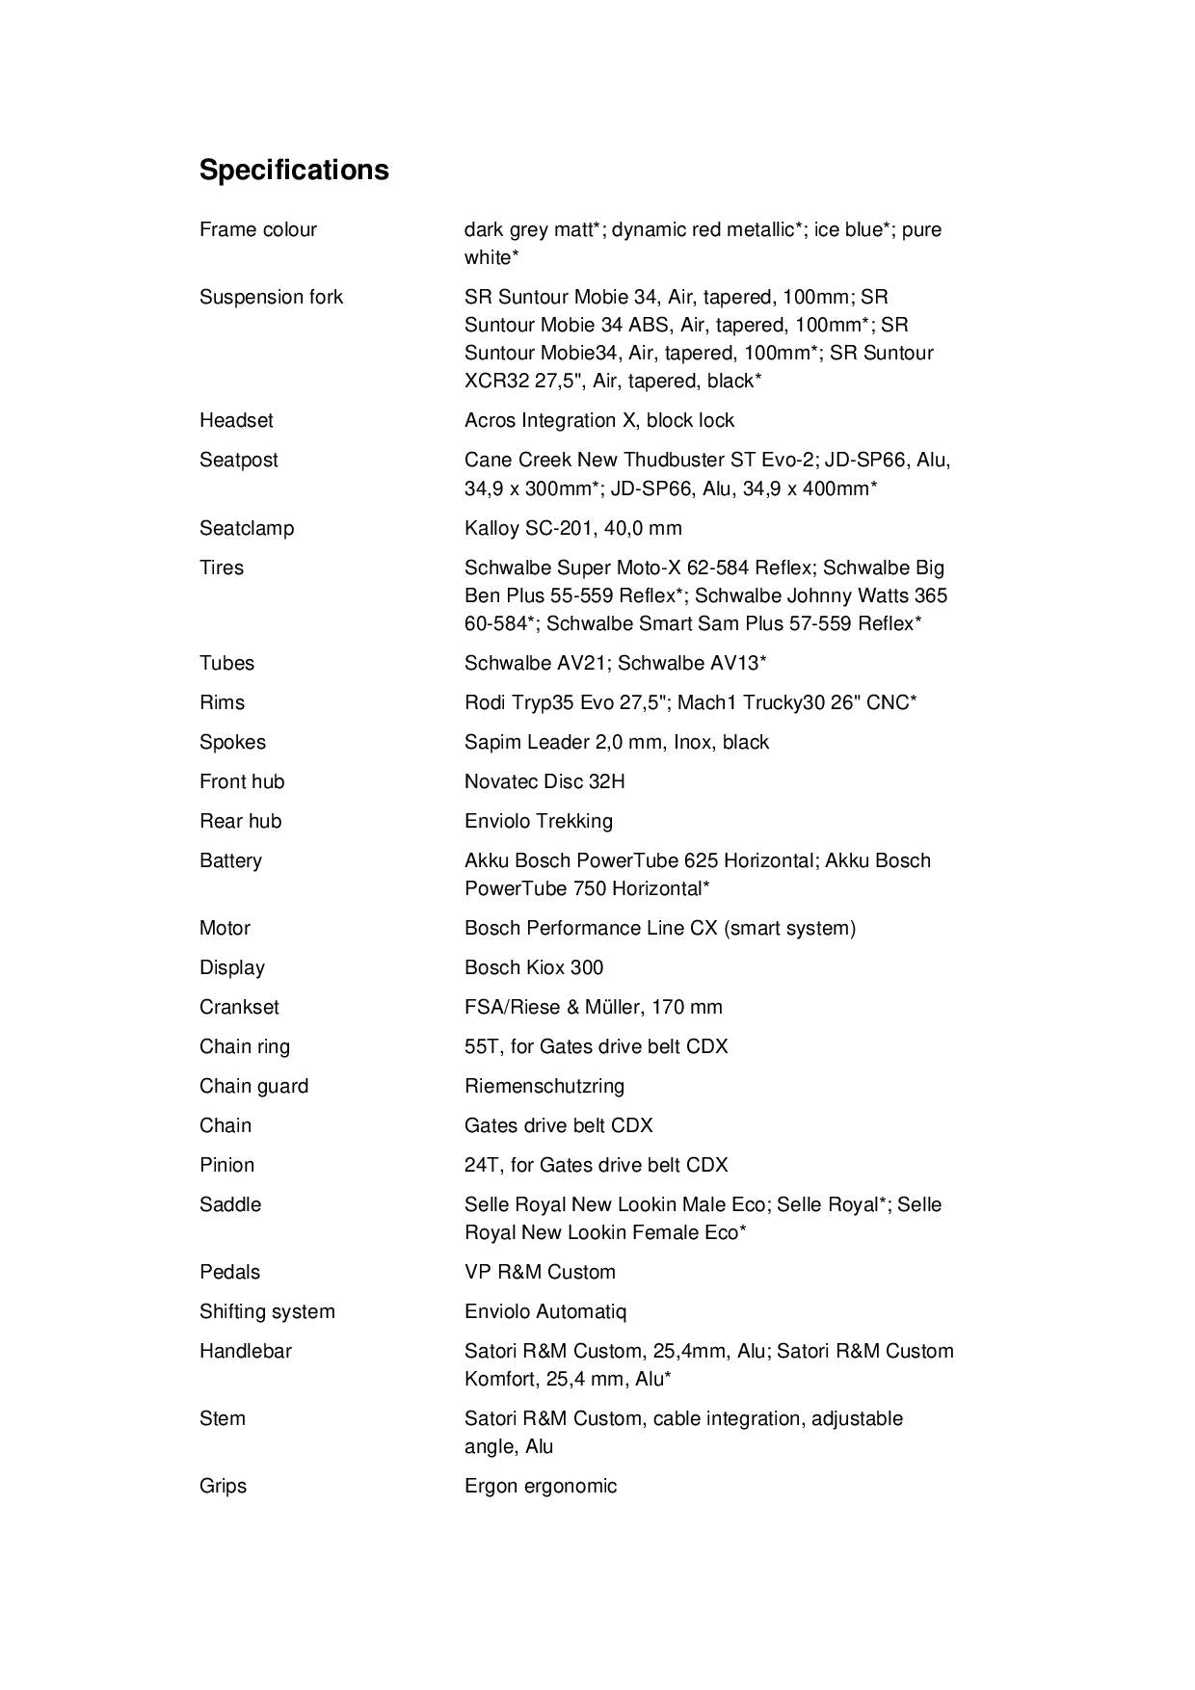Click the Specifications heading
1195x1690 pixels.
click(294, 170)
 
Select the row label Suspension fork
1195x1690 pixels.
click(271, 297)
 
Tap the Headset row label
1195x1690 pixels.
click(236, 420)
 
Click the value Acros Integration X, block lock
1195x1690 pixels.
click(598, 420)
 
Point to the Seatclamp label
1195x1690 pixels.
click(247, 528)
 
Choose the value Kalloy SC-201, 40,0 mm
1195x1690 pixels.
click(572, 528)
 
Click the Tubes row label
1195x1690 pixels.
click(226, 663)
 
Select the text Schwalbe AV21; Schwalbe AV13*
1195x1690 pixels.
click(615, 663)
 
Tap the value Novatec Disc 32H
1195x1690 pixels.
click(544, 781)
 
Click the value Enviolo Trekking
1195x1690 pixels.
click(538, 821)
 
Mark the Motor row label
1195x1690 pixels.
click(225, 928)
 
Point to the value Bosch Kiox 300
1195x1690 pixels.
click(534, 967)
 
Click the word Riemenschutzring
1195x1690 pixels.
click(544, 1086)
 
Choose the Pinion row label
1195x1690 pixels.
click(226, 1165)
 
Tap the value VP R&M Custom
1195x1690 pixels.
click(540, 1272)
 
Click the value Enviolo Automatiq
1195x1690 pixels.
click(545, 1311)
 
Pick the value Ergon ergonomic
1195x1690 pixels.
click(540, 1486)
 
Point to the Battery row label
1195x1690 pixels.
click(230, 860)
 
